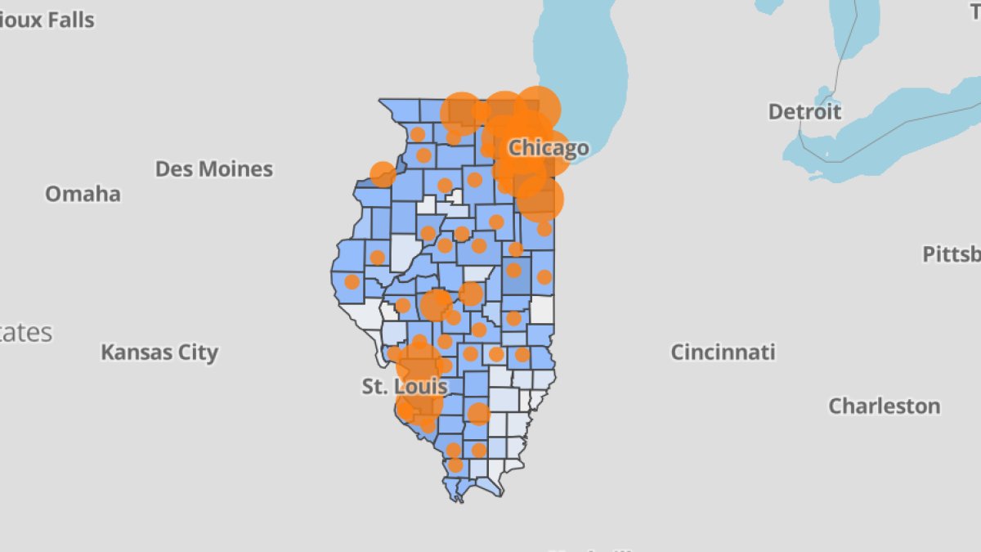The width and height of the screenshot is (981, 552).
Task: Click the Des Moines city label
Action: point(214,169)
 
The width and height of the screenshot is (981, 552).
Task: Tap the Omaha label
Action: point(83,194)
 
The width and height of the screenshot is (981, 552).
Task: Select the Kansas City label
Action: point(159,352)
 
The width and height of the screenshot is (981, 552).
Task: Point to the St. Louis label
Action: point(405,386)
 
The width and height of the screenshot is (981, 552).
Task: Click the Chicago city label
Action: point(548,148)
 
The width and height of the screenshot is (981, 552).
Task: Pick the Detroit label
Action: point(804,111)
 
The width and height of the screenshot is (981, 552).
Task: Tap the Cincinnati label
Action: point(723,352)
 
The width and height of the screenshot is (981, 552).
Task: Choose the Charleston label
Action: point(884,406)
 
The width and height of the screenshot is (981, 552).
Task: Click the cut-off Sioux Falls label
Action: point(47,20)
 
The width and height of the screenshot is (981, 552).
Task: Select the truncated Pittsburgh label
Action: point(952,254)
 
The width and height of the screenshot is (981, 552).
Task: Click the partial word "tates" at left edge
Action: point(26,333)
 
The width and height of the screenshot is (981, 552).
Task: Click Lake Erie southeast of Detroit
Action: point(883,131)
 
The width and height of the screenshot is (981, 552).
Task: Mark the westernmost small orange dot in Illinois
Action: point(352,281)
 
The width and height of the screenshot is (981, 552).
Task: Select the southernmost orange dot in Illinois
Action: point(455,465)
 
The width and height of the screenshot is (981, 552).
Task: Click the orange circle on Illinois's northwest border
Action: point(382,174)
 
